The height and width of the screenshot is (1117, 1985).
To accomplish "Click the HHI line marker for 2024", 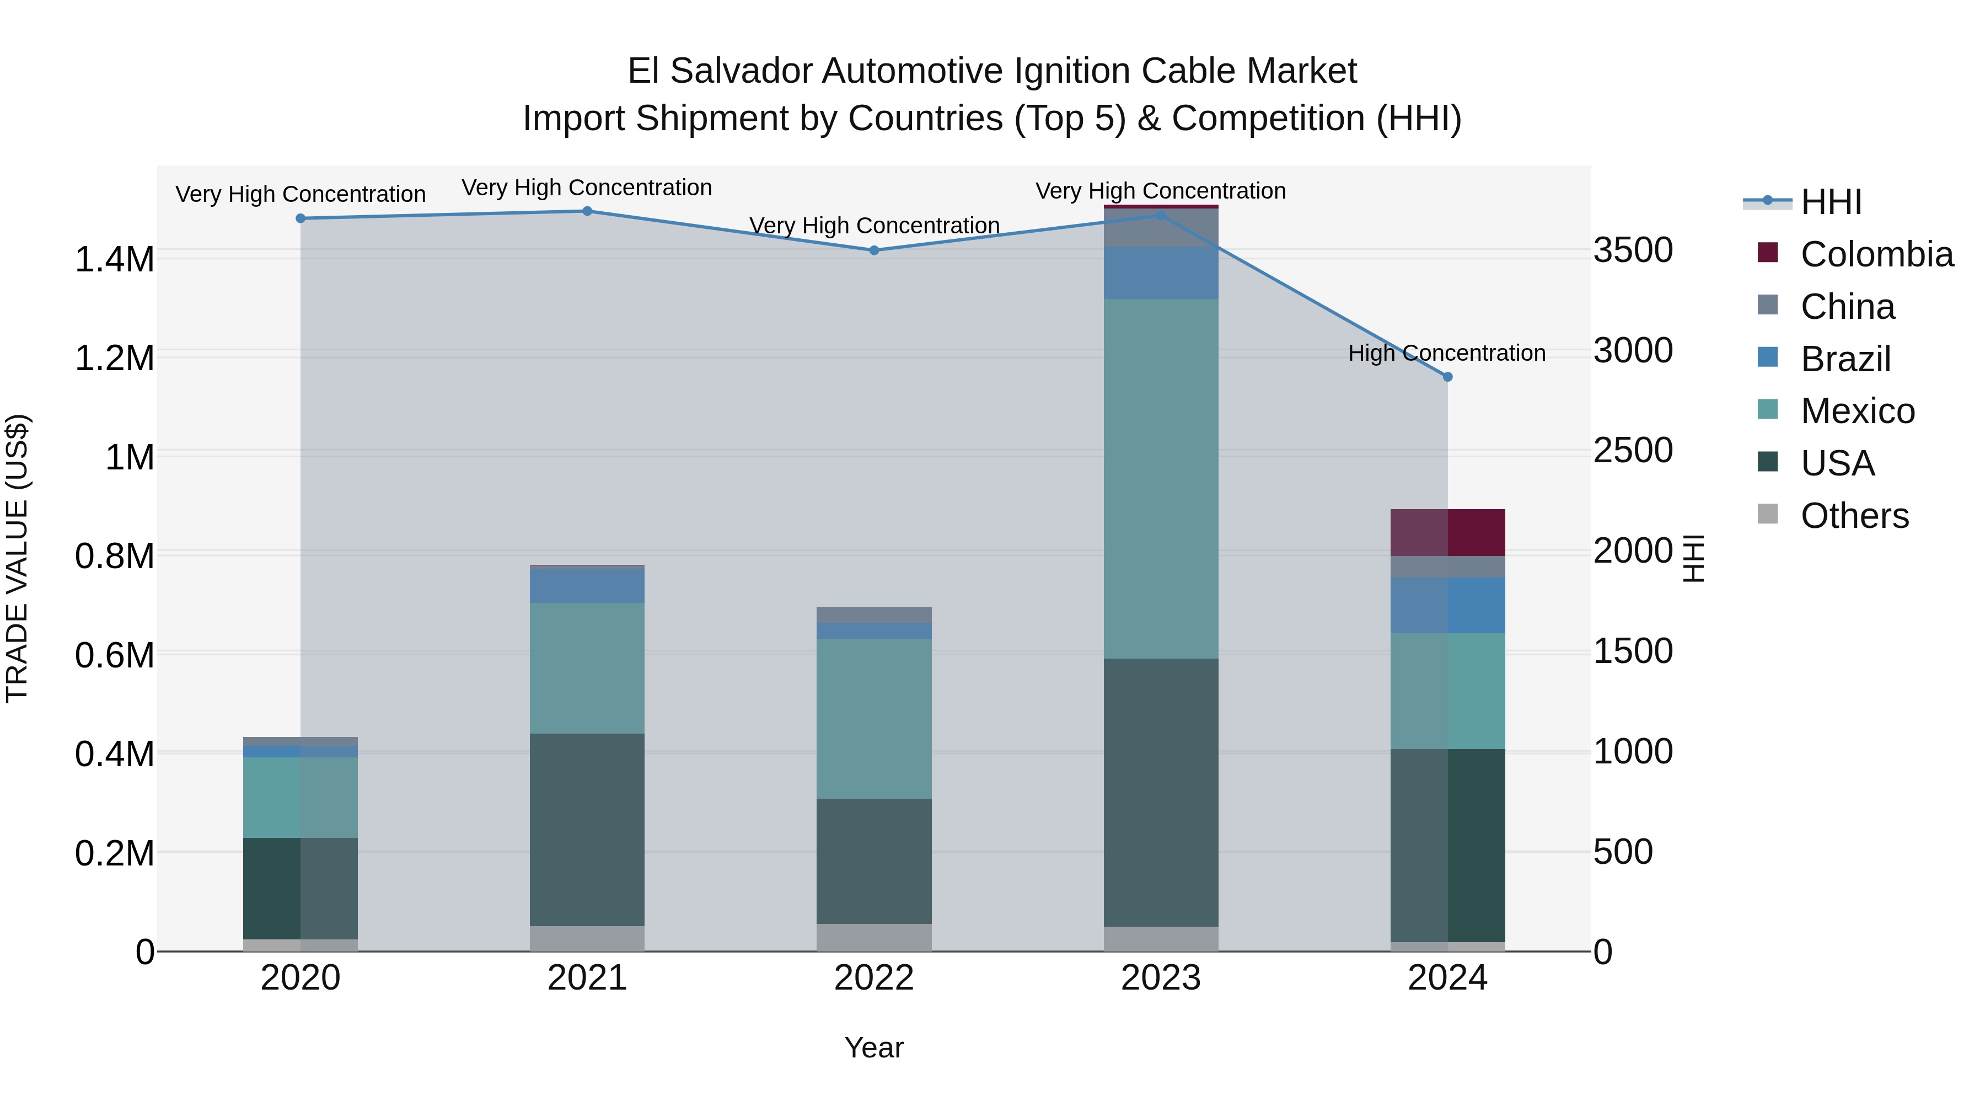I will (1447, 377).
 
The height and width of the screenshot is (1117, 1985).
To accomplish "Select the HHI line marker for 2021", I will (587, 211).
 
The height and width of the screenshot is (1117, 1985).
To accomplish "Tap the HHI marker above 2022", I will (874, 250).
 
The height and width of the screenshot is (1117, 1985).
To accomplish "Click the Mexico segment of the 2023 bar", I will (1161, 478).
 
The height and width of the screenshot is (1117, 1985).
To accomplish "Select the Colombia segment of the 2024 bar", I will (1447, 533).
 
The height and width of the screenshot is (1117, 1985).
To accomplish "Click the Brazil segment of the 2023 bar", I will (1161, 273).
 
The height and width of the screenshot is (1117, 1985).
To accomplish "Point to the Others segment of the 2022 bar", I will (874, 937).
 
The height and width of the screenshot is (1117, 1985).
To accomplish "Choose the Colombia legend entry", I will (1876, 254).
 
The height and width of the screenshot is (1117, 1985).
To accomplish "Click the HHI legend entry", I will (1831, 202).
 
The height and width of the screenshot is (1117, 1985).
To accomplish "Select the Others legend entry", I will (1854, 516).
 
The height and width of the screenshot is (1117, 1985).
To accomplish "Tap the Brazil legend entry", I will (1845, 359).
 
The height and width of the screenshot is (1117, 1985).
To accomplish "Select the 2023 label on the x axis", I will (1161, 978).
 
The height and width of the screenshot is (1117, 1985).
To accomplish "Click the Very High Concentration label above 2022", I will (874, 226).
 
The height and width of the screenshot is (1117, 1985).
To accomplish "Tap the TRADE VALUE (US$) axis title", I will (17, 558).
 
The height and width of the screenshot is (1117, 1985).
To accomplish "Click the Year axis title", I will (874, 1047).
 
